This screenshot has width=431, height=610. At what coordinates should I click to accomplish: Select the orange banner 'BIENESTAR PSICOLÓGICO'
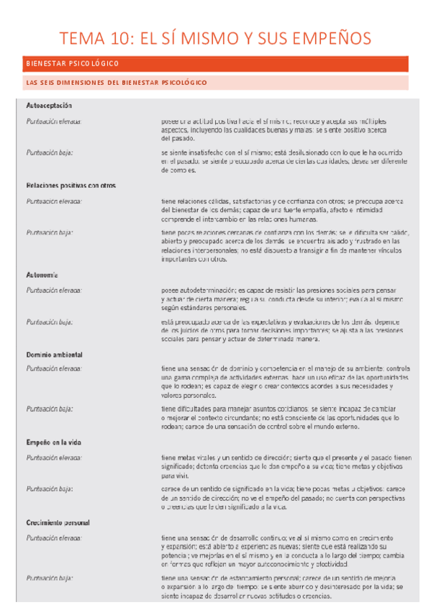[71, 64]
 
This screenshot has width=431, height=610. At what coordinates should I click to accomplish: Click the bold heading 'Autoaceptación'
[49, 106]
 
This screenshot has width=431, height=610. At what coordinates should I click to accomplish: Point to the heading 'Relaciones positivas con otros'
[71, 186]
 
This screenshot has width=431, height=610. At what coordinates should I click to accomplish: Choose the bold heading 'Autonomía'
[42, 275]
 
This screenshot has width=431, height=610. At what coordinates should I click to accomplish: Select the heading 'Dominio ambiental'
[54, 355]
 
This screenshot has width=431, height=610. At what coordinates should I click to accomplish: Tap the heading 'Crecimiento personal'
[58, 522]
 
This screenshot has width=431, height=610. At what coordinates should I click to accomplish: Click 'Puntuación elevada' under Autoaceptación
[54, 121]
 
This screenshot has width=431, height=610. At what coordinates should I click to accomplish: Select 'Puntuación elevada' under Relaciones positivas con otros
[54, 201]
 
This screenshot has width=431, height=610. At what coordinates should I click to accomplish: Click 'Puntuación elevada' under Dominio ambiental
[54, 368]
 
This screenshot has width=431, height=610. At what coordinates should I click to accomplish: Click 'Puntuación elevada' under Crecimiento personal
[54, 537]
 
